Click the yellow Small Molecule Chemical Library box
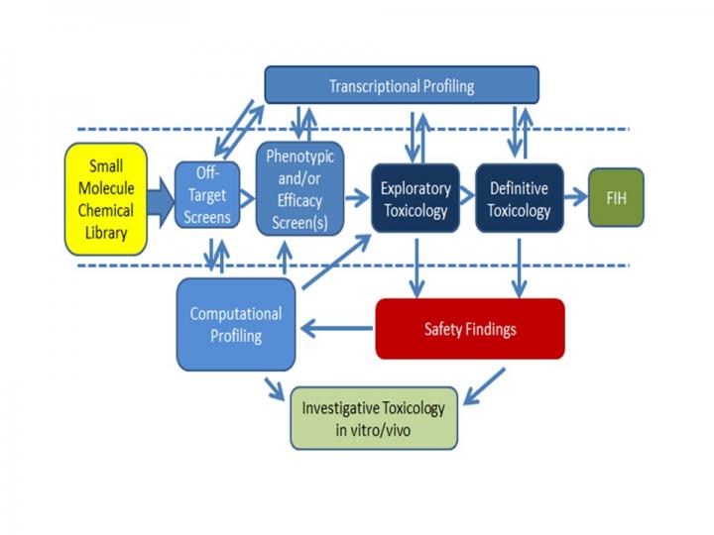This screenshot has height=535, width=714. coord(106,198)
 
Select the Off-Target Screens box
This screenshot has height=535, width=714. coord(206,195)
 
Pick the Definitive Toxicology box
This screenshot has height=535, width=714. coord(519,198)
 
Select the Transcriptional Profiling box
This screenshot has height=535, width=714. coord(402,85)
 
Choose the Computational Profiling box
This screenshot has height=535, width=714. coord(236,325)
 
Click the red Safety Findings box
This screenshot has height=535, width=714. coord(469,328)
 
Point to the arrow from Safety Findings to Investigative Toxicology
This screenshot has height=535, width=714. coord(483,387)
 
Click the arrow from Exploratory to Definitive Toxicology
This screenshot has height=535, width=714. coord(464,198)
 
